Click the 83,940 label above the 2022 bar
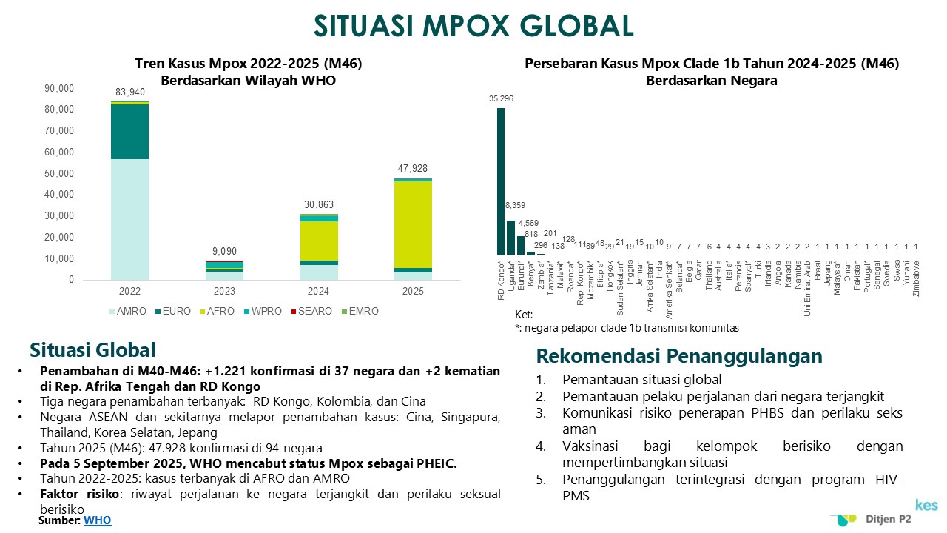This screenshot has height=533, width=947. (130, 93)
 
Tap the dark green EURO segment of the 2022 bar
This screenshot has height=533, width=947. (130, 132)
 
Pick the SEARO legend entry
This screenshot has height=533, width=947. (311, 311)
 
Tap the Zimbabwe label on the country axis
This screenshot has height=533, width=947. (917, 278)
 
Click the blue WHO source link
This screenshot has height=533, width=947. (98, 520)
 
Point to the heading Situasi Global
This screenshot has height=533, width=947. (92, 349)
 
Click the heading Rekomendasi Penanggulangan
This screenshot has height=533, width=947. (678, 356)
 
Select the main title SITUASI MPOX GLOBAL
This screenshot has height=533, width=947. (473, 25)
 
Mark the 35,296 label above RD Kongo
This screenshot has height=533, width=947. (501, 98)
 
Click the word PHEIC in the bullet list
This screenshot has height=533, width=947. (437, 463)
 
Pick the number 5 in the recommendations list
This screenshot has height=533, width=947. (542, 480)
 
